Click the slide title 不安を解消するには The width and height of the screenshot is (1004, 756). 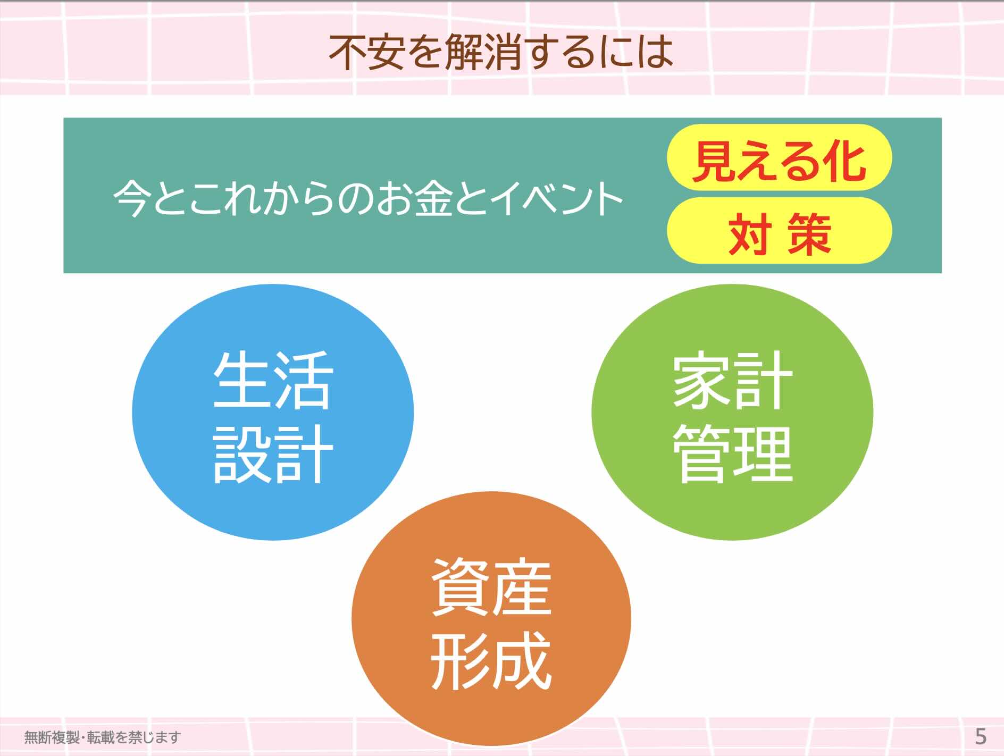[x=500, y=52]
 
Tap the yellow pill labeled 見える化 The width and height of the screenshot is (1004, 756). [x=779, y=158]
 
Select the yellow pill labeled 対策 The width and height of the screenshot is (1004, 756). [x=779, y=230]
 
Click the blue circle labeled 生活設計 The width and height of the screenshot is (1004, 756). [x=273, y=412]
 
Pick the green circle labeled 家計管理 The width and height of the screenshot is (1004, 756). [x=732, y=412]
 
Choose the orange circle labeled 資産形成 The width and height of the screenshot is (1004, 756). [x=491, y=619]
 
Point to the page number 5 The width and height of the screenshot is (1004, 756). [x=981, y=737]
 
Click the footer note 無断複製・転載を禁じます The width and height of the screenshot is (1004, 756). [x=103, y=737]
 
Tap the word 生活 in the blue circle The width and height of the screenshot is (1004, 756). [x=273, y=379]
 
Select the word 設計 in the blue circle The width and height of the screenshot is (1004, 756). [x=273, y=453]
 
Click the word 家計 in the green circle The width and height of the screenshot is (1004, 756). [x=732, y=379]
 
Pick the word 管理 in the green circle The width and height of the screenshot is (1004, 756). [x=732, y=453]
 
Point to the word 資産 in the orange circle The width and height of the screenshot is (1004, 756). [x=491, y=587]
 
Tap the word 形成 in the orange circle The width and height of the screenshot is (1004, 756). [x=491, y=661]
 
